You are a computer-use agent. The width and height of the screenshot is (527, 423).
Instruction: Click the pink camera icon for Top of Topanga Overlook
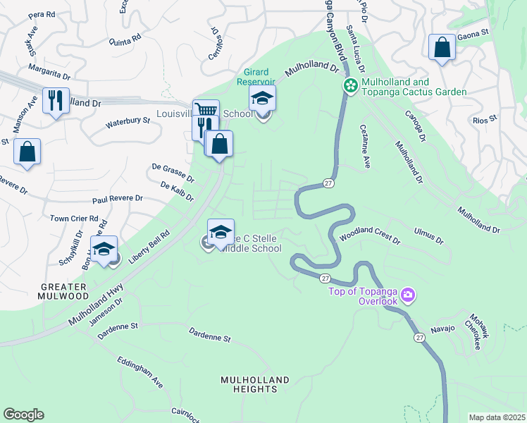coord(408,294)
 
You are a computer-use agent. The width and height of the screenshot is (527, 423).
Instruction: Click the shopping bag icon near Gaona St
coord(442,48)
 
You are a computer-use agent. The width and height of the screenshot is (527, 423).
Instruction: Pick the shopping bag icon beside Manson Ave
coord(27,152)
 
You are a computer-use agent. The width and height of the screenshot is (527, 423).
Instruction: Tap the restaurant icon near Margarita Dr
coord(56,99)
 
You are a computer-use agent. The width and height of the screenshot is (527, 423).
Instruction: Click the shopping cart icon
coord(205,111)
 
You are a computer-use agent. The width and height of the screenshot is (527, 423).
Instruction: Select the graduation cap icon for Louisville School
coord(262,99)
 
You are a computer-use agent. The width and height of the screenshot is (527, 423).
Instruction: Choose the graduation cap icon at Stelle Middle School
coord(221,231)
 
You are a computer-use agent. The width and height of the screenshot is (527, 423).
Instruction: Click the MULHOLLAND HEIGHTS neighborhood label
coord(255,384)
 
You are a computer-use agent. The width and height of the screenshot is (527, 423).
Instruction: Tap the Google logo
coord(23,415)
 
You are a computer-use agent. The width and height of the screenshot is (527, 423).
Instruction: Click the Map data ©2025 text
coord(496,417)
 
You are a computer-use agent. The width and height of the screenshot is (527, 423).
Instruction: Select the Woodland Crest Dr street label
coord(369,236)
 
